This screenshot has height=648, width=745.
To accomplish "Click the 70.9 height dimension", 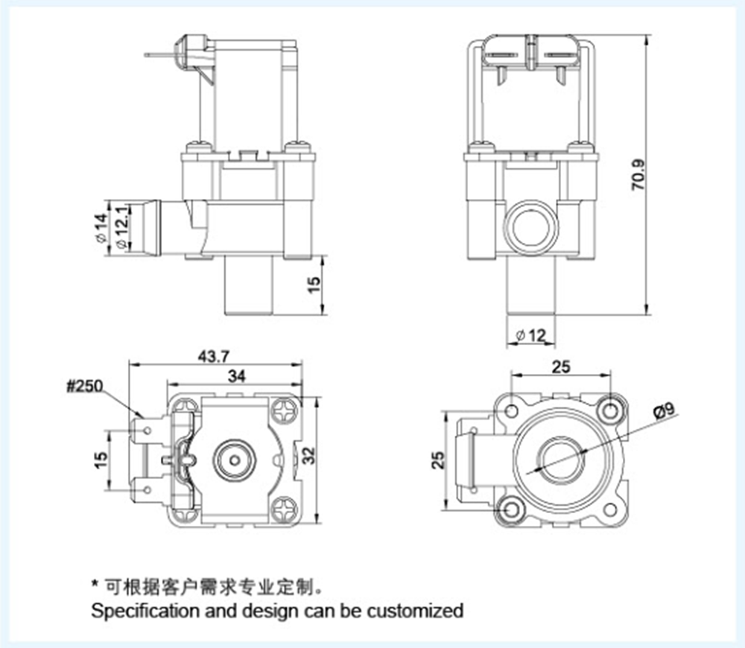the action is (638, 174).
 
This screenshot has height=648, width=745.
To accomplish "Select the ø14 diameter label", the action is (101, 228).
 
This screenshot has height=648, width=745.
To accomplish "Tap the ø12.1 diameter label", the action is (121, 227).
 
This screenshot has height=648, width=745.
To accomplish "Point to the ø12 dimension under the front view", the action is (530, 335).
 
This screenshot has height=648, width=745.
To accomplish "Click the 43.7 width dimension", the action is (214, 356).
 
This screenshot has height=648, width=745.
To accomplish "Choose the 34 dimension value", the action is (237, 376).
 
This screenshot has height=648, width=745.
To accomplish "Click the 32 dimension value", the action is (309, 456).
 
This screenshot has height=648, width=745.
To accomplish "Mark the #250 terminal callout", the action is (85, 386).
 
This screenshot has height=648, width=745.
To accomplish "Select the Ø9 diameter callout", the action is (665, 410).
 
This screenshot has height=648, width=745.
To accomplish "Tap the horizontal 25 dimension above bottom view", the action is (561, 366).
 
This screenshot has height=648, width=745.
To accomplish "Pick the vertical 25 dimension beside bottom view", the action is (438, 460).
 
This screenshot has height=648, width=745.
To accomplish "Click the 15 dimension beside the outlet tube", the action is (314, 285).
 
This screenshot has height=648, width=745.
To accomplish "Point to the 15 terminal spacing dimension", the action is (101, 460).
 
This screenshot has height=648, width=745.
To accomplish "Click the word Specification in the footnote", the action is (146, 611).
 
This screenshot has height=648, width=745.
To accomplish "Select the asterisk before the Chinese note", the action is (95, 583).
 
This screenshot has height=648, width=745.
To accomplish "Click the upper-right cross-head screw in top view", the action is (285, 411).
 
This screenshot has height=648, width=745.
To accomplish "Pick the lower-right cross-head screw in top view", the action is (285, 509).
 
